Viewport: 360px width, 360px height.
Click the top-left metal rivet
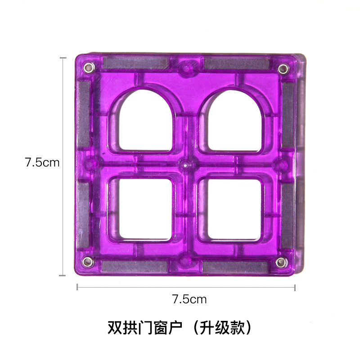click(89, 68)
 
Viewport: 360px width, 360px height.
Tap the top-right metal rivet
click(283, 69)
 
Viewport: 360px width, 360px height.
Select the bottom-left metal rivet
click(88, 262)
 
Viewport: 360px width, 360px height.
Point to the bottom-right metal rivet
click(282, 262)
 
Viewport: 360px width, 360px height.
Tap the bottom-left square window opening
click(145, 208)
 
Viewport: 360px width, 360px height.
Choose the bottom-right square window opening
click(234, 209)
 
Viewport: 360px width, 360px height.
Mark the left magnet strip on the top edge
click(136, 63)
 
